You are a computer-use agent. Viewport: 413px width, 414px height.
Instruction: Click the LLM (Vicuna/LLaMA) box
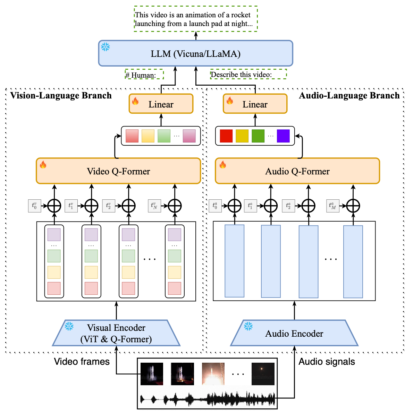tap(195, 53)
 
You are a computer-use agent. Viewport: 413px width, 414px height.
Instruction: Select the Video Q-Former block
tap(118, 171)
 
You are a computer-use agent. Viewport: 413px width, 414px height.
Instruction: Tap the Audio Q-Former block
tap(297, 171)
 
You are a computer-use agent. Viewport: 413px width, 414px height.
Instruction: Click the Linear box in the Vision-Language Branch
tap(161, 104)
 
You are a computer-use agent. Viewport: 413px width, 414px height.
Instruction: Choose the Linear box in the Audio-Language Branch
tap(255, 104)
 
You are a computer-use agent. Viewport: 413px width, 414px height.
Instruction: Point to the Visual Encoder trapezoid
tap(116, 333)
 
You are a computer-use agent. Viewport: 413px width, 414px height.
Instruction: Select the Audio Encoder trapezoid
tap(294, 333)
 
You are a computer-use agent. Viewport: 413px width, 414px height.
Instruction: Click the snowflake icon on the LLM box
tap(106, 47)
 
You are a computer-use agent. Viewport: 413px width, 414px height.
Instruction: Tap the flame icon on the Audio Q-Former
tap(223, 165)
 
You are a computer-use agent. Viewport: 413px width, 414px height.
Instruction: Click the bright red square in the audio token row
tap(226, 136)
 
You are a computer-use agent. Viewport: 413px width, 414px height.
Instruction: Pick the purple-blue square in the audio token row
tap(283, 136)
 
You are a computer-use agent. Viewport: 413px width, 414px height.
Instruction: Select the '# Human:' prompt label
tap(144, 75)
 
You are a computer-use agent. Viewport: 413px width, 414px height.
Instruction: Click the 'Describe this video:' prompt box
tap(248, 74)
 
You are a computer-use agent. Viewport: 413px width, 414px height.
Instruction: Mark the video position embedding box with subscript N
tap(154, 206)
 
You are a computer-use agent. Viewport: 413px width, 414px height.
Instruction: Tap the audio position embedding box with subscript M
tap(333, 206)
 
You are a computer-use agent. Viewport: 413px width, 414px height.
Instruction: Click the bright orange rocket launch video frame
tap(213, 373)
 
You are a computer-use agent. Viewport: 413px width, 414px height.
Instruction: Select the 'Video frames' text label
tap(82, 361)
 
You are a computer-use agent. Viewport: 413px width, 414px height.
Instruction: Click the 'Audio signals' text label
tap(327, 361)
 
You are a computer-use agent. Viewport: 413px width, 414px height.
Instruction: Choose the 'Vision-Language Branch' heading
tap(61, 95)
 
